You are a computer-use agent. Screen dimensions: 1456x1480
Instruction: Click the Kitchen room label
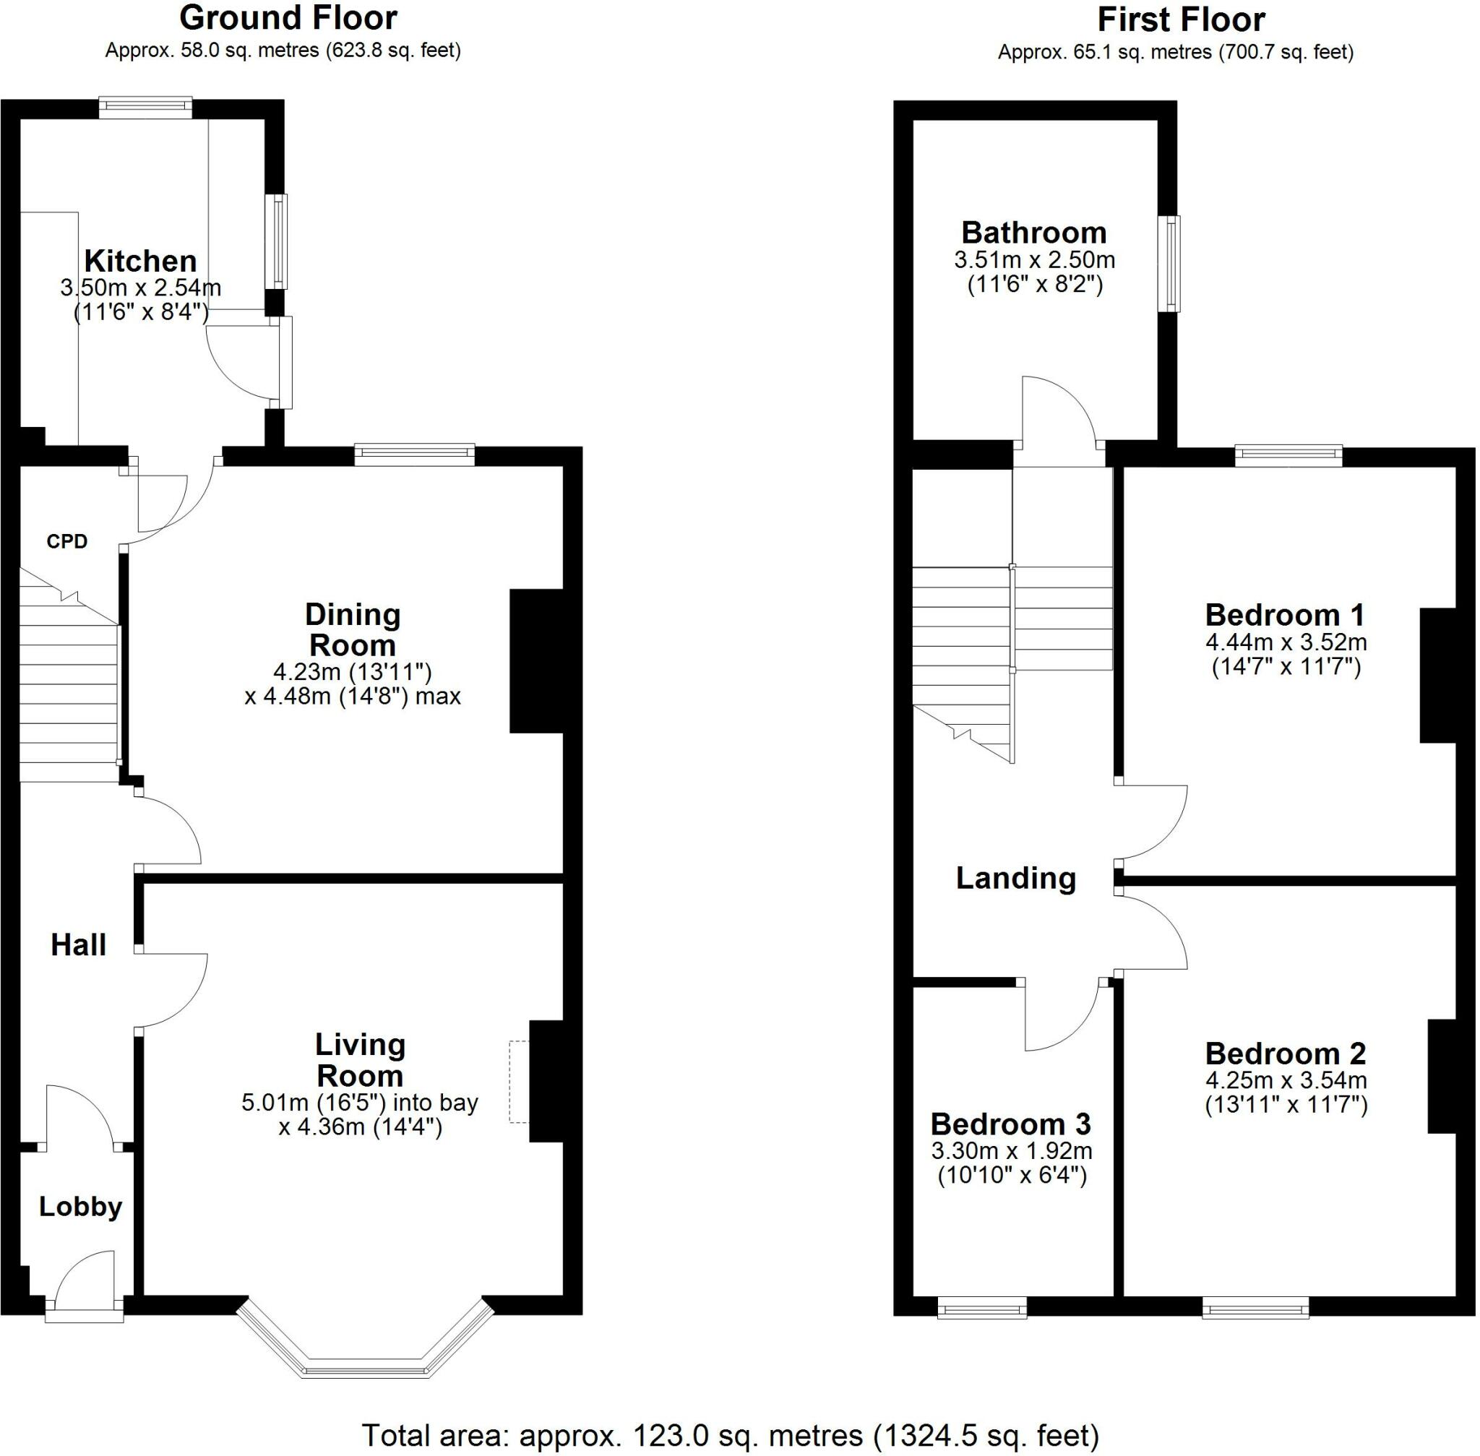pos(140,262)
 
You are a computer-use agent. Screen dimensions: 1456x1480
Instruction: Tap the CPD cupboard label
pos(66,541)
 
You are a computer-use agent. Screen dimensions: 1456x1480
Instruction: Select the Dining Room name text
pos(353,629)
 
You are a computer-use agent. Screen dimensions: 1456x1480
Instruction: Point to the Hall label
pos(78,945)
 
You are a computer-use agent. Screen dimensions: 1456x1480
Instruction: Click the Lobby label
pos(80,1207)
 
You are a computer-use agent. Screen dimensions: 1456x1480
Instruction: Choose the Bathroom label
pos(1033,233)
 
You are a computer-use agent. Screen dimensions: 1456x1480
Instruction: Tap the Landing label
pos(1016,878)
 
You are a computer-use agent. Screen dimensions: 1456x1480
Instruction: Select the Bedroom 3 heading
pos(1010,1124)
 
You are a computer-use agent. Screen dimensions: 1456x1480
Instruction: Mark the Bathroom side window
pos(1169,264)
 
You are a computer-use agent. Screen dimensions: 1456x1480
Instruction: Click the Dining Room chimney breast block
pos(536,660)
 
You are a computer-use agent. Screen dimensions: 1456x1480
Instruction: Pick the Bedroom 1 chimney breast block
pos(1437,675)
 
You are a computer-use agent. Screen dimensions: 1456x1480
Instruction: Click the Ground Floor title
pos(288,18)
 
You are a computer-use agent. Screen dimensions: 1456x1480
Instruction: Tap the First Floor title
pos(1181,20)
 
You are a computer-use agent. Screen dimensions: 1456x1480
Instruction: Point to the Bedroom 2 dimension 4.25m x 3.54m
pos(1286,1080)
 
